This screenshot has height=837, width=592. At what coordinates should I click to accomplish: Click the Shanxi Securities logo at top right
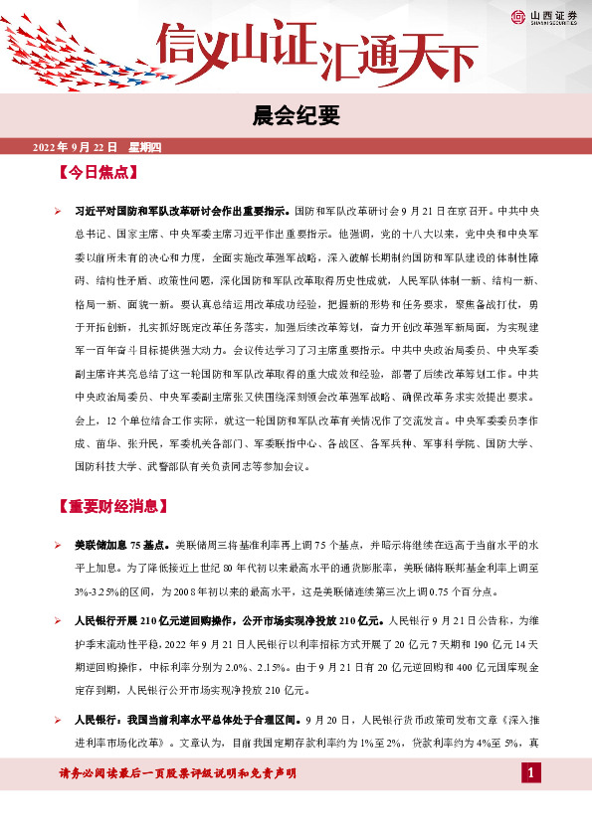546,16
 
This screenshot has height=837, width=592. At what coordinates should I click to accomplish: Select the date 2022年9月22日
76,147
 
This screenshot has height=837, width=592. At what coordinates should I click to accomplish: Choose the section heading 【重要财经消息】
110,507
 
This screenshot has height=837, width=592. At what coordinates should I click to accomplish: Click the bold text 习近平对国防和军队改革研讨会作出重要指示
184,212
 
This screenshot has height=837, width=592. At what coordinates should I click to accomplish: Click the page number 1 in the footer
531,773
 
